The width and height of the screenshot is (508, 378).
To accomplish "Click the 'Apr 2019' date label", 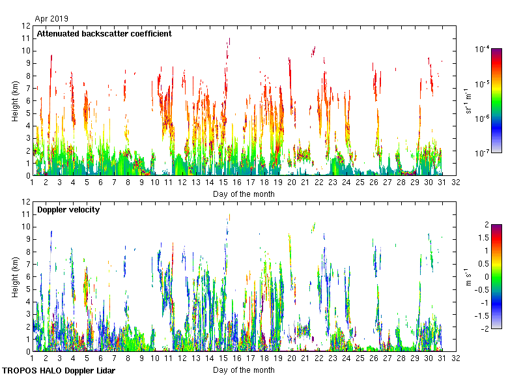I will (51, 19).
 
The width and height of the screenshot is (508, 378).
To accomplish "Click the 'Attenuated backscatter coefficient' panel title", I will (104, 33).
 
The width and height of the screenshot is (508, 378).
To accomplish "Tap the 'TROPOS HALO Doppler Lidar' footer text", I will (63, 371).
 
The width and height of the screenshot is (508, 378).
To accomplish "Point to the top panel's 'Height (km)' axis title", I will (15, 101).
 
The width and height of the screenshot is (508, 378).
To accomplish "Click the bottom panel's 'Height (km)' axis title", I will (15, 277).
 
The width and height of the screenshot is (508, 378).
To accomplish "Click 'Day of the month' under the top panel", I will (244, 194).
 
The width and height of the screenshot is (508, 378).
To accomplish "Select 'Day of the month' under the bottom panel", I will (244, 370).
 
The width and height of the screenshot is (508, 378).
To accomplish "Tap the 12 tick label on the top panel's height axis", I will (26, 26).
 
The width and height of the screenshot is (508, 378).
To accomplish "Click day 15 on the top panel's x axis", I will (223, 184).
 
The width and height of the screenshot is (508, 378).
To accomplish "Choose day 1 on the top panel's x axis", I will (32, 184).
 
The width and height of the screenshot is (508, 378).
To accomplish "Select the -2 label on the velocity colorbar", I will (478, 328).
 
